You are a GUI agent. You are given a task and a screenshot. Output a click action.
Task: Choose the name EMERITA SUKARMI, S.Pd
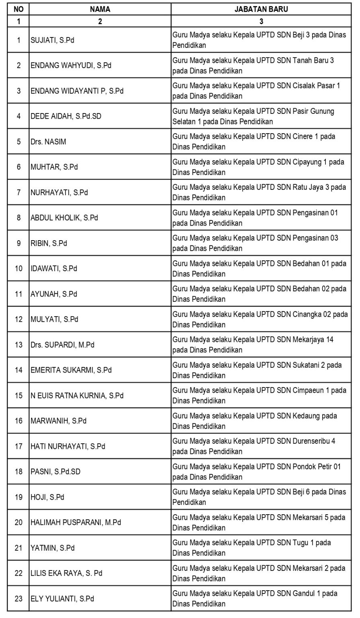click(x=71, y=370)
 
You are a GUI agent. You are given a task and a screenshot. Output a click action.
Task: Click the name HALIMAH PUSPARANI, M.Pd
click(x=76, y=522)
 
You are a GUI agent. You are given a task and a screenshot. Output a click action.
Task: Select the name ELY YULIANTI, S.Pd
click(x=62, y=598)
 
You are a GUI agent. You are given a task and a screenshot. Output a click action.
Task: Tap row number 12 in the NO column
click(x=19, y=319)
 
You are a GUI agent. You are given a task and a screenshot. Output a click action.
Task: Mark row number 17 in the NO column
click(x=19, y=446)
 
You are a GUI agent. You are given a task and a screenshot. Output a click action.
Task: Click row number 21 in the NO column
click(x=19, y=548)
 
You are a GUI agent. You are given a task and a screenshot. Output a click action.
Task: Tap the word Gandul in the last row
click(x=301, y=593)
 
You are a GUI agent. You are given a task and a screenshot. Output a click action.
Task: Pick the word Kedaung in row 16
click(x=304, y=416)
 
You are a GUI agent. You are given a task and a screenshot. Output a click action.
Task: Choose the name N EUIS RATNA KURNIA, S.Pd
click(x=77, y=395)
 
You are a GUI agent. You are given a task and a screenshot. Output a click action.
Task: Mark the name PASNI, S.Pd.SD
click(x=56, y=472)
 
